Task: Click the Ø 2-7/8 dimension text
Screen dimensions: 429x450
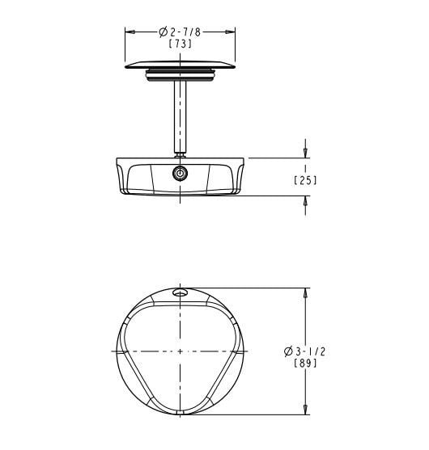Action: (x=180, y=32)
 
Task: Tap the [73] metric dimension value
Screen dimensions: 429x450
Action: (x=180, y=44)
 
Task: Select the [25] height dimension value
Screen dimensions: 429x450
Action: (x=305, y=180)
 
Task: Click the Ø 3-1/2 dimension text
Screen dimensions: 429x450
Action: (x=305, y=351)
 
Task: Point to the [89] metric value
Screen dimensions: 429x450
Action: (x=305, y=364)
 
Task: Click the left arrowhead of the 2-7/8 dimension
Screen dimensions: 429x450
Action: (x=130, y=32)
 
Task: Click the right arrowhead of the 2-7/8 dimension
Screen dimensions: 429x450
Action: (x=230, y=32)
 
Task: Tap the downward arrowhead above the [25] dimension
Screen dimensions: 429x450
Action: (x=305, y=153)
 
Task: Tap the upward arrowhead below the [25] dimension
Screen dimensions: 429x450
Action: (x=305, y=201)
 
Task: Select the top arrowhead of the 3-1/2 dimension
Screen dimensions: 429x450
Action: (x=305, y=293)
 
